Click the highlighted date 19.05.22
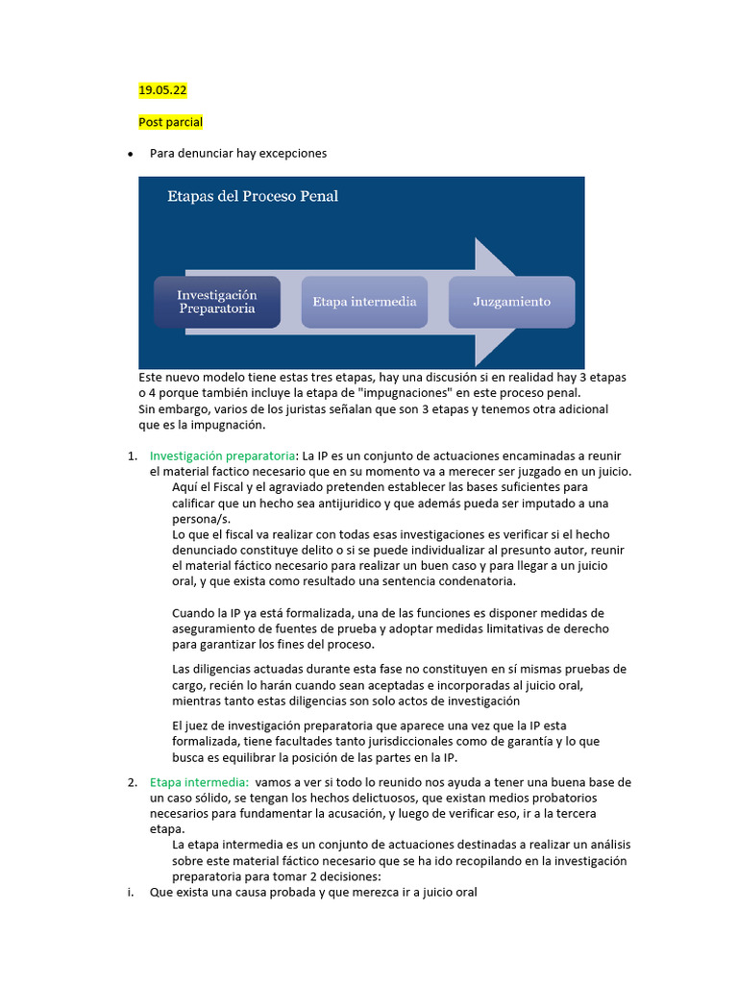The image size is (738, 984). point(162,90)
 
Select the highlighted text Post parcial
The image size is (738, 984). point(170,122)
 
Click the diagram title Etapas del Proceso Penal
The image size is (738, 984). point(253,197)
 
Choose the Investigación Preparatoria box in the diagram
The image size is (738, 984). point(217,302)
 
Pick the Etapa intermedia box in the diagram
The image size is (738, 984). point(364,302)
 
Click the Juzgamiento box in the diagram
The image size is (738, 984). point(511,302)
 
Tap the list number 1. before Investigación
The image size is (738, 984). point(133,455)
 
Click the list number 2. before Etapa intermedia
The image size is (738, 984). point(133,782)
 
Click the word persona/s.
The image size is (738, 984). point(202,519)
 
